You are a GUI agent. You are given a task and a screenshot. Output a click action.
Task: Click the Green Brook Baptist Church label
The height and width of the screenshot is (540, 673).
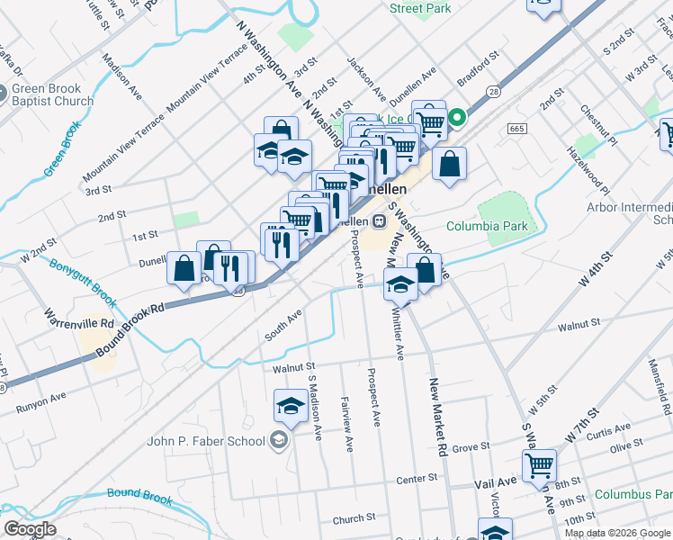pyautogui.click(x=52, y=95)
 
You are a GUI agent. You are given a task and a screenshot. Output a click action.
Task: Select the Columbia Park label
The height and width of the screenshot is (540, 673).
pyautogui.click(x=487, y=227)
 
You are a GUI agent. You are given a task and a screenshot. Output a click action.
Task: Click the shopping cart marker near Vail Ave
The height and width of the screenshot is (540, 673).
pyautogui.click(x=539, y=466)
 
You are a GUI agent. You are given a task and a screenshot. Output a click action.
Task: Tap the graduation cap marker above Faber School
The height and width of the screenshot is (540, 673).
pyautogui.click(x=291, y=407)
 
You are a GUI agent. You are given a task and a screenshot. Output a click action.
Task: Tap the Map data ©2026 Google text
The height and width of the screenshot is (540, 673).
pyautogui.click(x=617, y=533)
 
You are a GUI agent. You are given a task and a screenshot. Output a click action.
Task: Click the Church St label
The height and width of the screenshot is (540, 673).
pyautogui.click(x=354, y=518)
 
